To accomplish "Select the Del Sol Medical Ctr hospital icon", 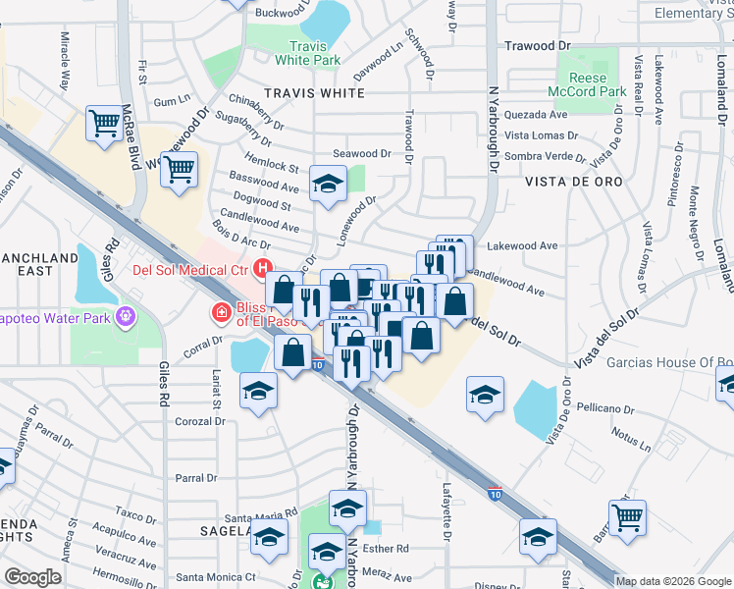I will click(262, 266).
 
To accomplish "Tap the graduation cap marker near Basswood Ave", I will click(327, 183).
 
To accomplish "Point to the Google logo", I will click(33, 577).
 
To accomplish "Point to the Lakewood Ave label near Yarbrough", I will click(522, 246).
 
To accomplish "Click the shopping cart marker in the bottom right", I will click(627, 515).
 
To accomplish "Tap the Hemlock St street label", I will click(275, 167).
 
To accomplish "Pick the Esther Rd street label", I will click(390, 550).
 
